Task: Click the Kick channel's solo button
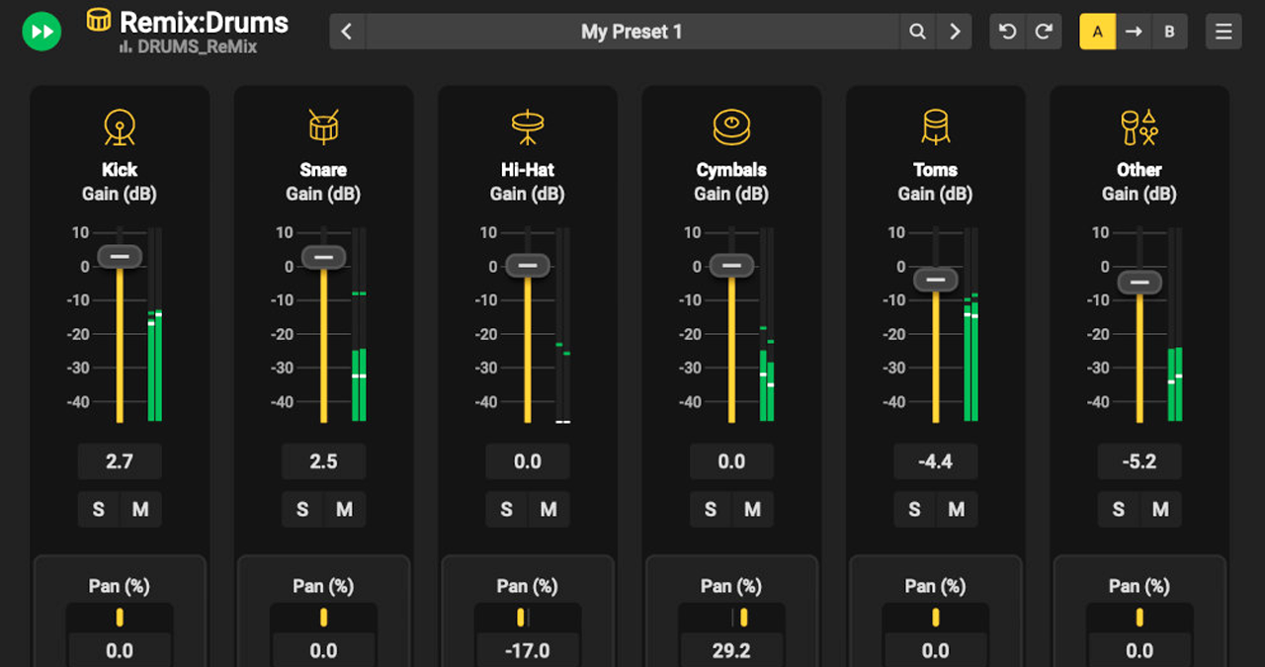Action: click(x=99, y=510)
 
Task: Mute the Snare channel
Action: click(x=344, y=510)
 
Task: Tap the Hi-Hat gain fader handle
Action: click(x=528, y=266)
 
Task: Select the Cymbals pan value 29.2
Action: click(x=731, y=650)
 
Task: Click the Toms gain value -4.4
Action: click(x=935, y=461)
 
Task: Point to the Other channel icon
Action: click(x=1138, y=127)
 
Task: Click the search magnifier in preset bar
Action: click(x=917, y=32)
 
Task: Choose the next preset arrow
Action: click(x=955, y=32)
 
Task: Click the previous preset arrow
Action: click(x=347, y=32)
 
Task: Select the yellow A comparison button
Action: click(x=1097, y=32)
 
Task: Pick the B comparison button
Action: click(x=1169, y=32)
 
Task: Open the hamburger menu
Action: click(x=1223, y=32)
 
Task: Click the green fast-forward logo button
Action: click(x=42, y=32)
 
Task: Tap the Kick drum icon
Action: click(x=120, y=127)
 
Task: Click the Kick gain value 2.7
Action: click(x=120, y=461)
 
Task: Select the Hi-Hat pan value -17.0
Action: click(x=528, y=650)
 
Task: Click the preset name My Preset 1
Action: click(x=632, y=32)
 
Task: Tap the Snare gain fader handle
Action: click(x=323, y=257)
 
